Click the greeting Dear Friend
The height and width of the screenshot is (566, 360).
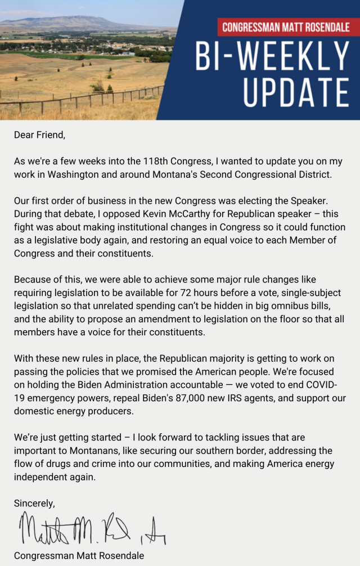coord(39,134)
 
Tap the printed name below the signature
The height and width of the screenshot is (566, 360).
coord(79,555)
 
